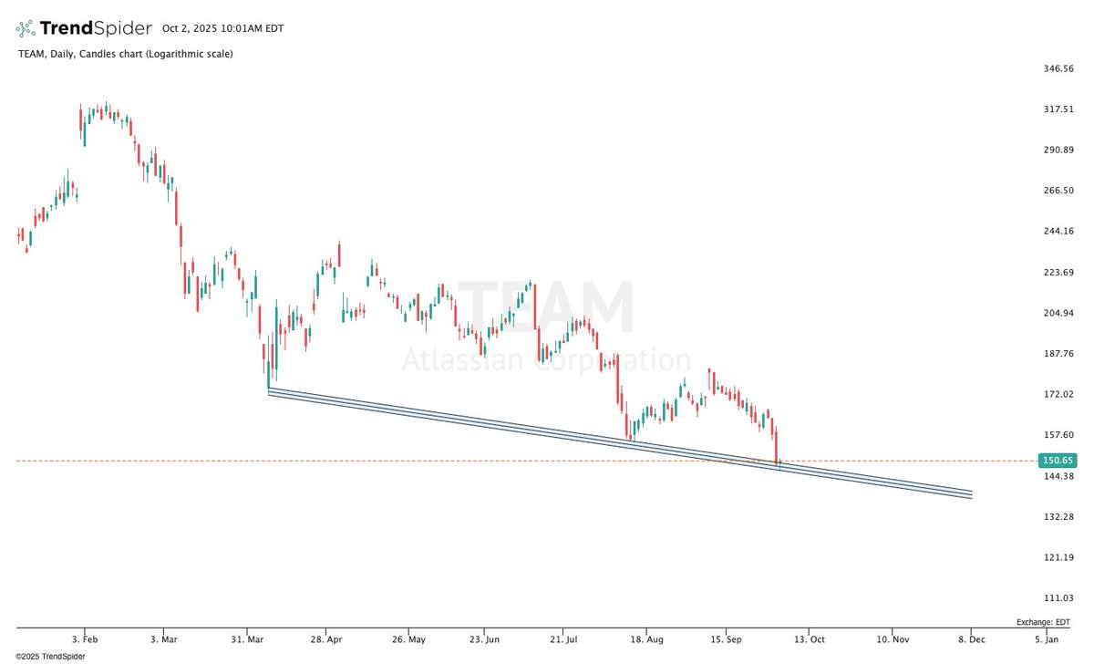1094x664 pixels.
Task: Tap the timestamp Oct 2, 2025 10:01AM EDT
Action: click(222, 28)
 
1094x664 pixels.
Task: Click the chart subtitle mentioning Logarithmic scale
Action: click(125, 54)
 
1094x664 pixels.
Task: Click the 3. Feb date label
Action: click(85, 641)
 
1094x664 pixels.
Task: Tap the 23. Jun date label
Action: click(485, 641)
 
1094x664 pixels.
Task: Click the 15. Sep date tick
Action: click(726, 641)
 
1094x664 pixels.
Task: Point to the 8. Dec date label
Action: click(971, 641)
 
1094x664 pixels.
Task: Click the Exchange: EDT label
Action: click(1043, 622)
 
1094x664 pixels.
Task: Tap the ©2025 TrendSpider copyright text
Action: click(43, 656)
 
